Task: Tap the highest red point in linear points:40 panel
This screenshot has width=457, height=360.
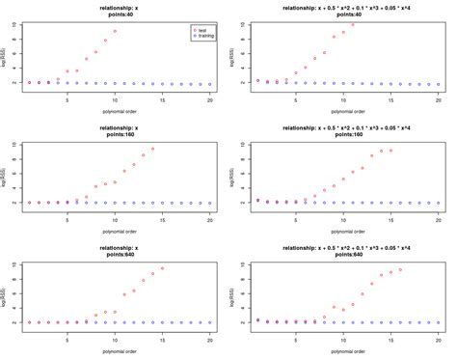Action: pyautogui.click(x=115, y=31)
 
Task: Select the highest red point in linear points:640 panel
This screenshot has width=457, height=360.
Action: pyautogui.click(x=162, y=268)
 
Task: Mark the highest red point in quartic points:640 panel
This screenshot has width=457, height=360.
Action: pyautogui.click(x=400, y=269)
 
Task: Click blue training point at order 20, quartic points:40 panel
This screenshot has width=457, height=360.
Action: pyautogui.click(x=438, y=85)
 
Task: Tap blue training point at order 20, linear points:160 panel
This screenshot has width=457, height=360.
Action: pyautogui.click(x=209, y=203)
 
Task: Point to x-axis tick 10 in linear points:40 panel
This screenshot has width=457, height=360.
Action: pyautogui.click(x=115, y=99)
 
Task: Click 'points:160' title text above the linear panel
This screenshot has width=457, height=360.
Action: pyautogui.click(x=115, y=136)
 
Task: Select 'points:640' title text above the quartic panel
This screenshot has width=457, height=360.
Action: pyautogui.click(x=343, y=256)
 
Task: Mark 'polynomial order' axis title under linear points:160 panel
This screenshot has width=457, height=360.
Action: pyautogui.click(x=115, y=231)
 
